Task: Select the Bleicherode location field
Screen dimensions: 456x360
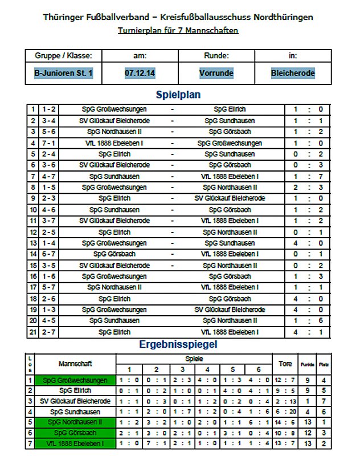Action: tap(293, 73)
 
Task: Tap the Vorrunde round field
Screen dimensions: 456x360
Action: tap(216, 73)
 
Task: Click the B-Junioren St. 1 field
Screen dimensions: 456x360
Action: tap(63, 73)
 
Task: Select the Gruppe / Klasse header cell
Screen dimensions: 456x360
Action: tap(63, 56)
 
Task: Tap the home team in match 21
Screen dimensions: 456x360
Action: tap(114, 332)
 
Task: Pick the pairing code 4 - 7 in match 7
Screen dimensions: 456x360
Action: tap(48, 176)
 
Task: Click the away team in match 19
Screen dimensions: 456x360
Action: tap(230, 310)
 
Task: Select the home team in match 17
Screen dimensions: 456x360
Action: tap(114, 287)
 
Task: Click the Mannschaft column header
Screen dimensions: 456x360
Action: tap(75, 363)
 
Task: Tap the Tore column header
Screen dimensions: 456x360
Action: tap(285, 363)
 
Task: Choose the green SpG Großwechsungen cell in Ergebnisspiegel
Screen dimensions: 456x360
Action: tap(75, 380)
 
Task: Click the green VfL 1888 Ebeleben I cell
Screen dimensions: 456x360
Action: tap(75, 443)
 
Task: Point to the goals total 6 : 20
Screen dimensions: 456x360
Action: tap(285, 412)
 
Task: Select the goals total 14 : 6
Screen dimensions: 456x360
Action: tap(285, 422)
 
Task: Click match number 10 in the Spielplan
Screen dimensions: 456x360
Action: tap(34, 210)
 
